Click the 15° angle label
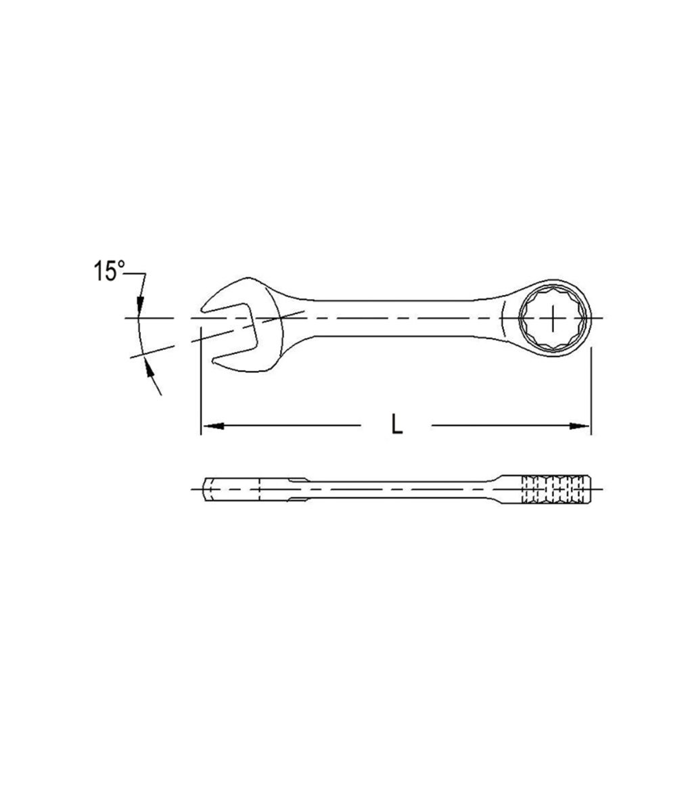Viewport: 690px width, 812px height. (108, 272)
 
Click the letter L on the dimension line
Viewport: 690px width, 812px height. (397, 424)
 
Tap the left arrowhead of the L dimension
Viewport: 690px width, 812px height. (213, 426)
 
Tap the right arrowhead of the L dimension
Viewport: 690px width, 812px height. (580, 426)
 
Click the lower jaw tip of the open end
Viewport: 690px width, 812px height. (215, 361)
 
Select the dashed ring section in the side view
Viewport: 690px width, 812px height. (555, 488)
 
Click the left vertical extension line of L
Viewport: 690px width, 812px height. (201, 392)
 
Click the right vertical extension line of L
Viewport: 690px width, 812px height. (591, 392)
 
